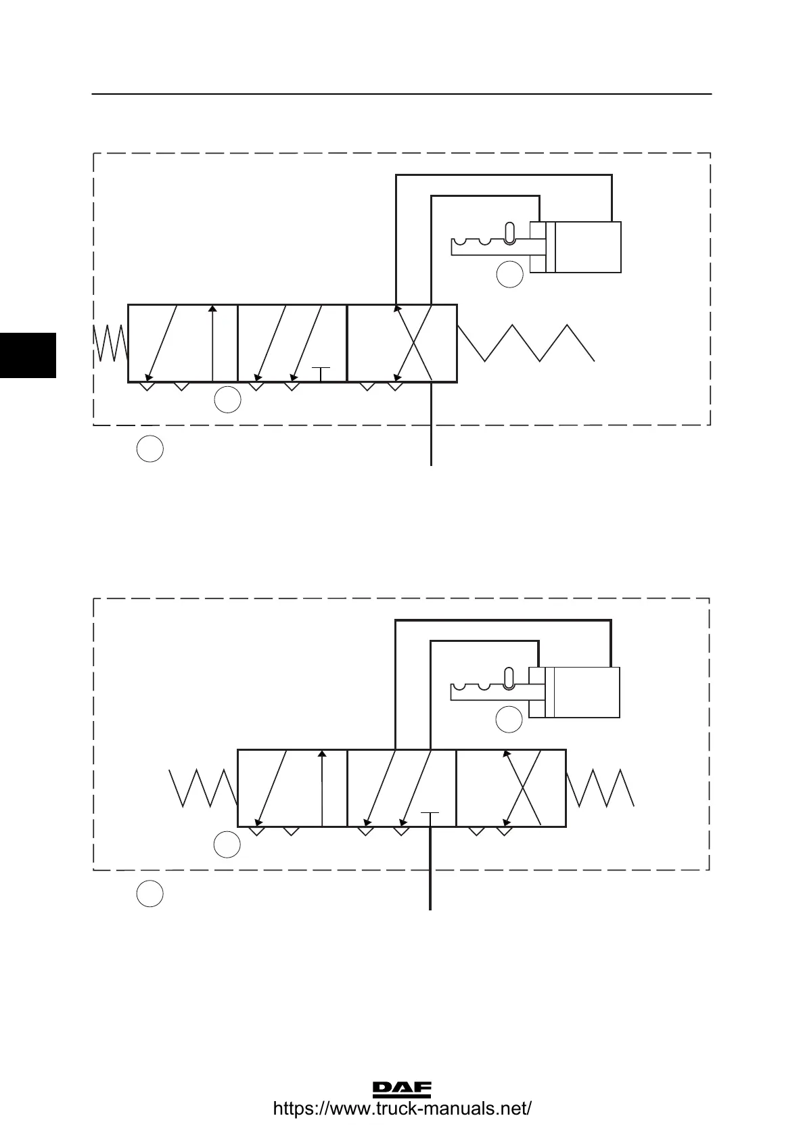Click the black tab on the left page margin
click(28, 354)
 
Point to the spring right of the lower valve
click(601, 788)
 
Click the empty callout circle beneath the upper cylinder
click(510, 275)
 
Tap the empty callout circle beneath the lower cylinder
click(509, 720)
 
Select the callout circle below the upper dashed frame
click(150, 450)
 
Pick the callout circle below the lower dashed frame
click(150, 894)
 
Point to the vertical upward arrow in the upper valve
click(212, 343)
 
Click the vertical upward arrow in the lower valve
click(322, 788)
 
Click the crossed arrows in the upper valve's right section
click(414, 343)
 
